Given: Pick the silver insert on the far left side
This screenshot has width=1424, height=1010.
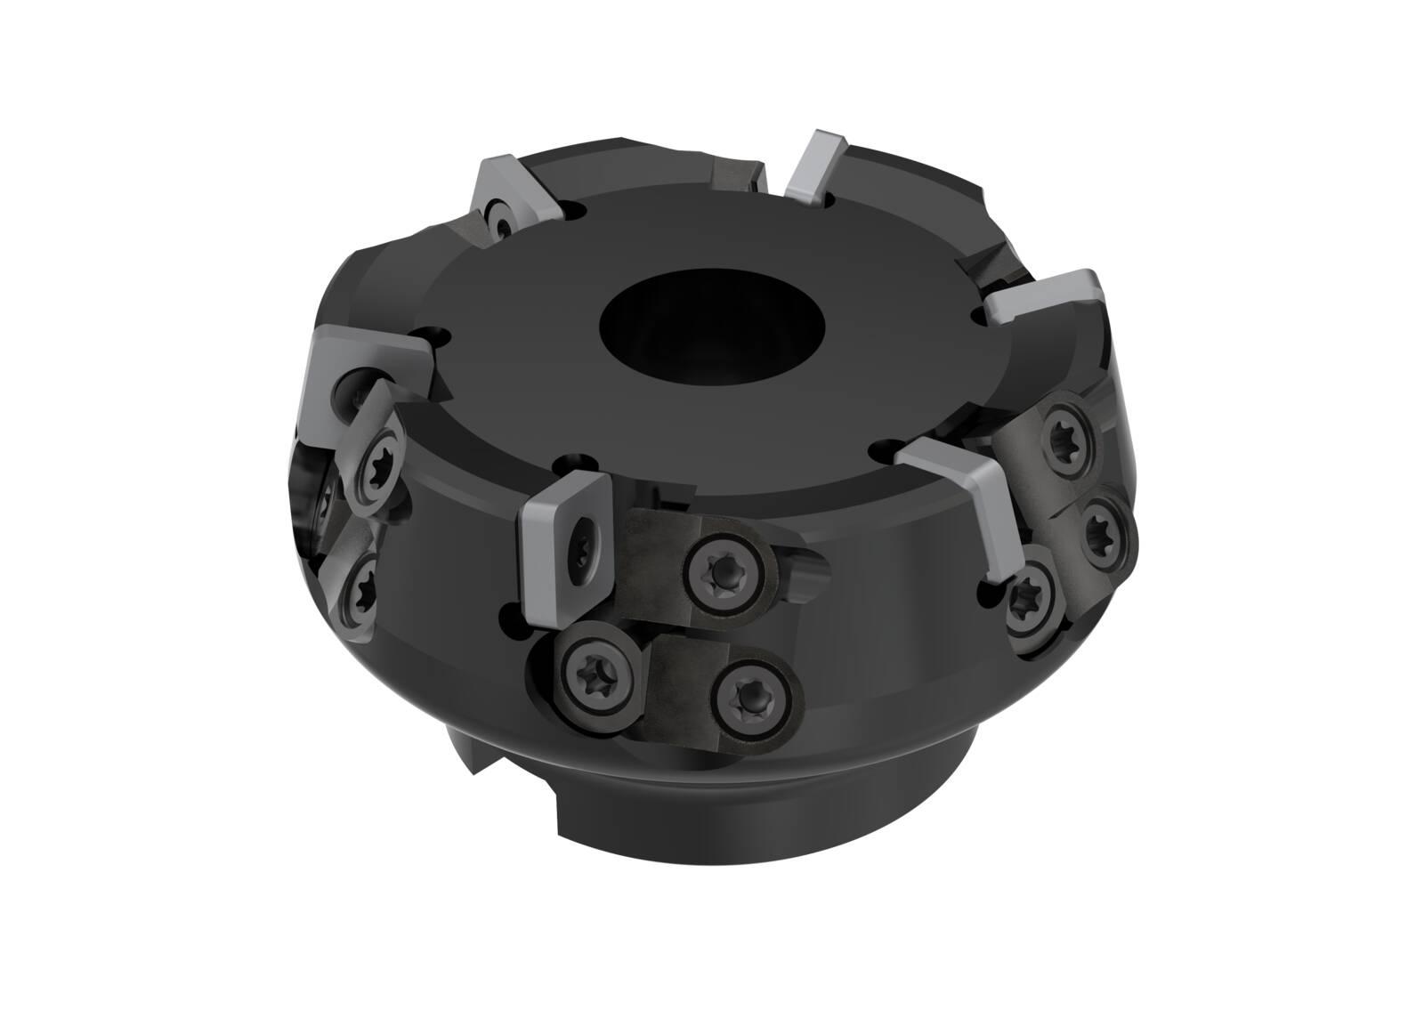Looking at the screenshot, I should (356, 374).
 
